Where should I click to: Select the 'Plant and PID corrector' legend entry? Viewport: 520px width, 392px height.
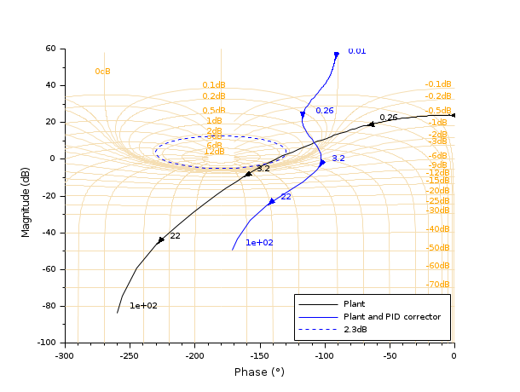pos(391,317)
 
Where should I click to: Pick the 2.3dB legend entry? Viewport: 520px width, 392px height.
pos(355,330)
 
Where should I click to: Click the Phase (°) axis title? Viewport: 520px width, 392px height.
pos(259,372)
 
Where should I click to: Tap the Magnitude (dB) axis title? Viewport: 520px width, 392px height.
pos(26,195)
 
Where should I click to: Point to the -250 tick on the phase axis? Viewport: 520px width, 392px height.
pos(130,356)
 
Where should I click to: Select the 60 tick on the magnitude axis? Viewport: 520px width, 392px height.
pos(50,49)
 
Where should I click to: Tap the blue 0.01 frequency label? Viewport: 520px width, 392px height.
pos(356,51)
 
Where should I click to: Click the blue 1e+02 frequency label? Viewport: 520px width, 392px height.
pos(259,243)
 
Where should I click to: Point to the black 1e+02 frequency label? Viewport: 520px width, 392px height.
pos(143,306)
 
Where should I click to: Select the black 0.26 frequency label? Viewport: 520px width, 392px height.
pos(389,118)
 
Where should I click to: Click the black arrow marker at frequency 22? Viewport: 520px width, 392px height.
pos(161,240)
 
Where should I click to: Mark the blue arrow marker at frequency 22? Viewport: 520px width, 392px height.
pos(272,201)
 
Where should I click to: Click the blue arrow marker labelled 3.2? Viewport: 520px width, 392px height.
pos(322,162)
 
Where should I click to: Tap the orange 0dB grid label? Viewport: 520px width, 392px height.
pos(102,72)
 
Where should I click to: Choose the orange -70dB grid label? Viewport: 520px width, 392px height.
pos(438,284)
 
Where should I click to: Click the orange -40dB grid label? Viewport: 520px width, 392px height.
pos(438,229)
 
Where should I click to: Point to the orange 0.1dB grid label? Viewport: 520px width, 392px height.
pos(213,85)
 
